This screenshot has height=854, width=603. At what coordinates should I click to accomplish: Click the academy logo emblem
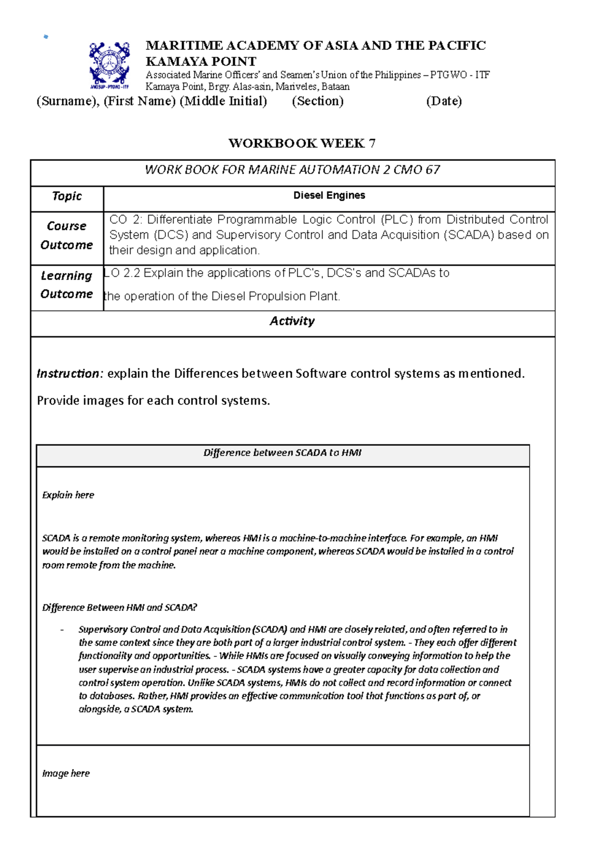click(109, 64)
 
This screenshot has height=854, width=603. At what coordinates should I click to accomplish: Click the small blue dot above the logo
click(46, 37)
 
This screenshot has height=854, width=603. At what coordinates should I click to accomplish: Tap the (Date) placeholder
click(444, 101)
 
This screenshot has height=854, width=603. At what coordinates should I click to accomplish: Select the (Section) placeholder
click(318, 101)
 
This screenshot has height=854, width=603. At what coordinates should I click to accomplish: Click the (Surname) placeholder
click(68, 101)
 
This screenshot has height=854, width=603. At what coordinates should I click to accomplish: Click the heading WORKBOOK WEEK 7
click(301, 143)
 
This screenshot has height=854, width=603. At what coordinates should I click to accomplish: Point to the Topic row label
click(67, 196)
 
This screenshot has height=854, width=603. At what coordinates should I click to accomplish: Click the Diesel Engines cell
click(329, 196)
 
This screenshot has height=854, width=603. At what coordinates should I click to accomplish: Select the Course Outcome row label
click(67, 235)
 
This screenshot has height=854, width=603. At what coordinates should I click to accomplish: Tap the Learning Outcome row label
click(67, 285)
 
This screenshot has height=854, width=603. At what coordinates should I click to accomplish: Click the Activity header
click(292, 321)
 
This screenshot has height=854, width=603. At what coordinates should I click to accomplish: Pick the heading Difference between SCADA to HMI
click(282, 453)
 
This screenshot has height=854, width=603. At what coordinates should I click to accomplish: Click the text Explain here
click(68, 495)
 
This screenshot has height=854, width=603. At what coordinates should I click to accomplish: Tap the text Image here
click(66, 774)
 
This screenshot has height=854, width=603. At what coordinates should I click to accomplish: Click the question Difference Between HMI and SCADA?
click(120, 608)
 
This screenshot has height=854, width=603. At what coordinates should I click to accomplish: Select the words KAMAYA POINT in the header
click(200, 61)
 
